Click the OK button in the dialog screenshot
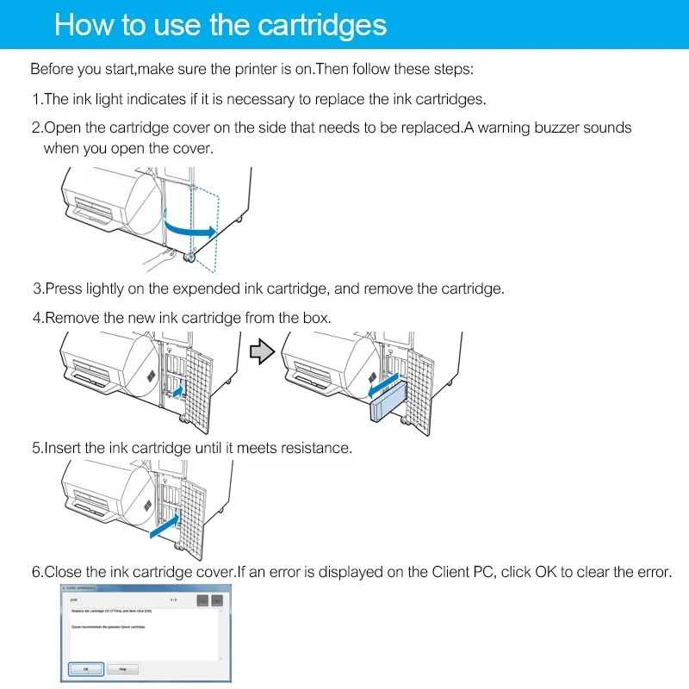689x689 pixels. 85,668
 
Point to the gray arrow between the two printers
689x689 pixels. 261,351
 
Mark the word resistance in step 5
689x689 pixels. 316,448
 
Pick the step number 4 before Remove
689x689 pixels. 37,318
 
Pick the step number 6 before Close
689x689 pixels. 37,572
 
